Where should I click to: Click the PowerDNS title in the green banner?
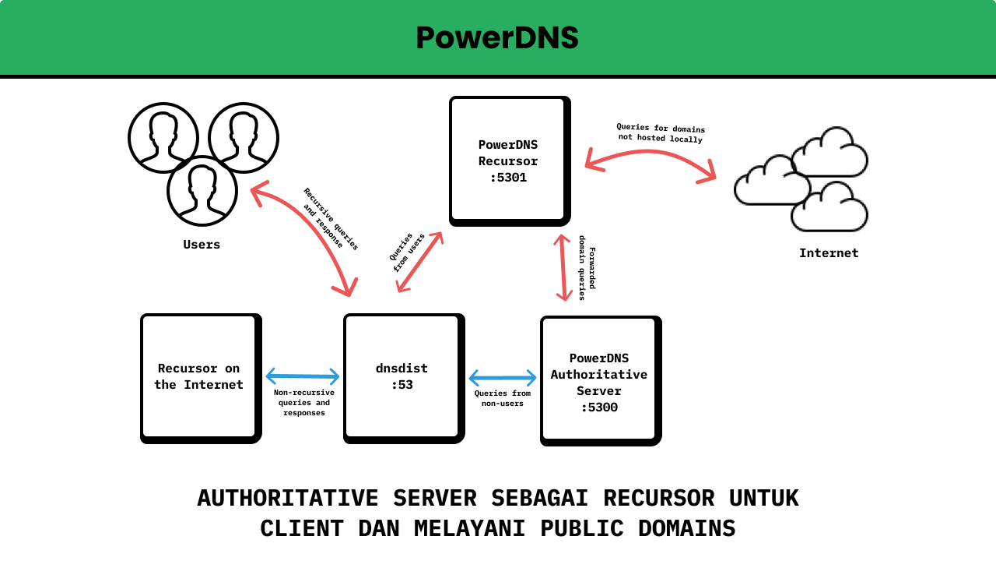[x=497, y=38]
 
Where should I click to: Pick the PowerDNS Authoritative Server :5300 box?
[x=598, y=382]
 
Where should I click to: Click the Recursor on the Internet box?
[x=198, y=376]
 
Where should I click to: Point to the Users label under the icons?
[x=202, y=245]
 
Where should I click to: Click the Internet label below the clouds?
[x=829, y=253]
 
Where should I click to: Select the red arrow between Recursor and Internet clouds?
[x=650, y=153]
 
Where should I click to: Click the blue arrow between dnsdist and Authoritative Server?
[x=503, y=379]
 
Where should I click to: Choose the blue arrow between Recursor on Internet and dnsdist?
[x=303, y=377]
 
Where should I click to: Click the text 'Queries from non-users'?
[x=503, y=398]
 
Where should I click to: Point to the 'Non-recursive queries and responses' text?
[x=304, y=403]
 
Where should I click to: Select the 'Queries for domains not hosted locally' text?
[x=661, y=132]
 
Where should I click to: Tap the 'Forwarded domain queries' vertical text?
[x=587, y=267]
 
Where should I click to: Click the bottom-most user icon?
[x=202, y=191]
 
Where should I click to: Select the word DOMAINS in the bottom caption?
[x=686, y=528]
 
